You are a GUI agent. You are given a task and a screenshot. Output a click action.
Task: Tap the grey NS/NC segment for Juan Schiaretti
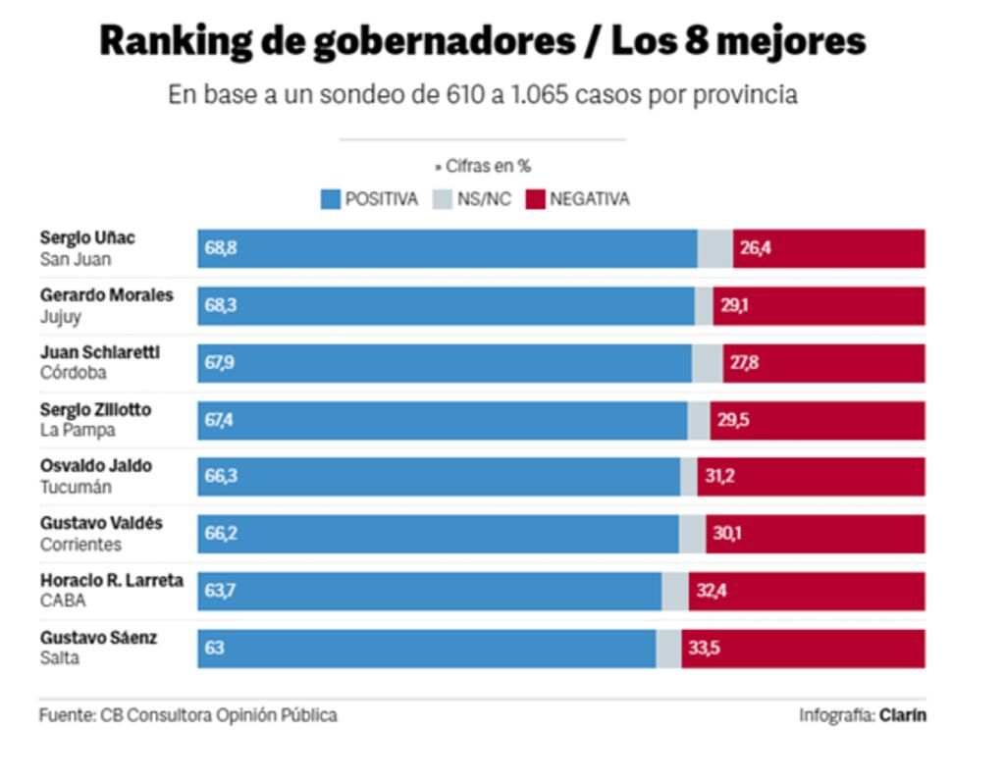[707, 363]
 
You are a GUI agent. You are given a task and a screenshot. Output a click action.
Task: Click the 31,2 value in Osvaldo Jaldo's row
[719, 477]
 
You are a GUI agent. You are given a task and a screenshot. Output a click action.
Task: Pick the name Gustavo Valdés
[101, 524]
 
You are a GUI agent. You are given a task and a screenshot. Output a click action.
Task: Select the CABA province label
[63, 601]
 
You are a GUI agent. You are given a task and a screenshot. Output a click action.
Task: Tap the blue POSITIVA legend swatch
[331, 200]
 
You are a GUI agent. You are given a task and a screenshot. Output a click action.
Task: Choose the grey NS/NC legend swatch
[442, 200]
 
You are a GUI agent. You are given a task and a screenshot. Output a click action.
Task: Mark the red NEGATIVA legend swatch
[535, 200]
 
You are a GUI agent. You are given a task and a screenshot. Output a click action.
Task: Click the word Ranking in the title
[175, 41]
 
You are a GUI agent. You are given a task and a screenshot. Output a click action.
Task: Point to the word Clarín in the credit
[902, 715]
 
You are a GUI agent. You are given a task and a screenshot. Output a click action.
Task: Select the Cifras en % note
[486, 167]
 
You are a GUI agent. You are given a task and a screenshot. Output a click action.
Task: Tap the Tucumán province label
[76, 487]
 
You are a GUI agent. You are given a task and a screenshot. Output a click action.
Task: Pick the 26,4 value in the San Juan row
[756, 248]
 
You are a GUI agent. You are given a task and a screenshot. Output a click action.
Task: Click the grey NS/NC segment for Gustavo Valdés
[691, 534]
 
